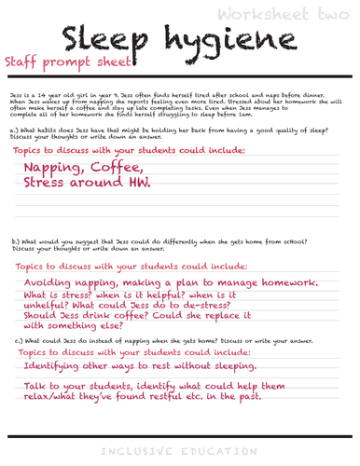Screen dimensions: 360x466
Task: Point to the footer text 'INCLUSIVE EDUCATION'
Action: point(180,451)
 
